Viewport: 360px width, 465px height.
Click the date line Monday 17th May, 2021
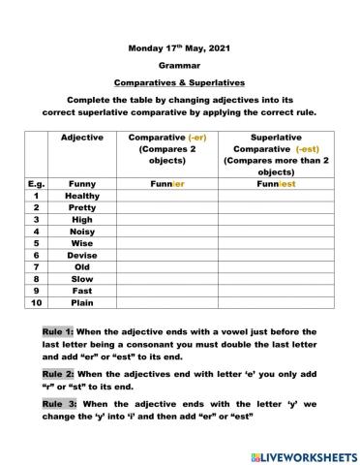point(179,47)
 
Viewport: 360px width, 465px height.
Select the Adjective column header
point(81,138)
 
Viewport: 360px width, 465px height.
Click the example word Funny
point(81,182)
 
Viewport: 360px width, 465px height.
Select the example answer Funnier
point(167,182)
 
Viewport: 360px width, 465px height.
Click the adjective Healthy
point(81,196)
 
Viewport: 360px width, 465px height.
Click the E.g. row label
point(35,182)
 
